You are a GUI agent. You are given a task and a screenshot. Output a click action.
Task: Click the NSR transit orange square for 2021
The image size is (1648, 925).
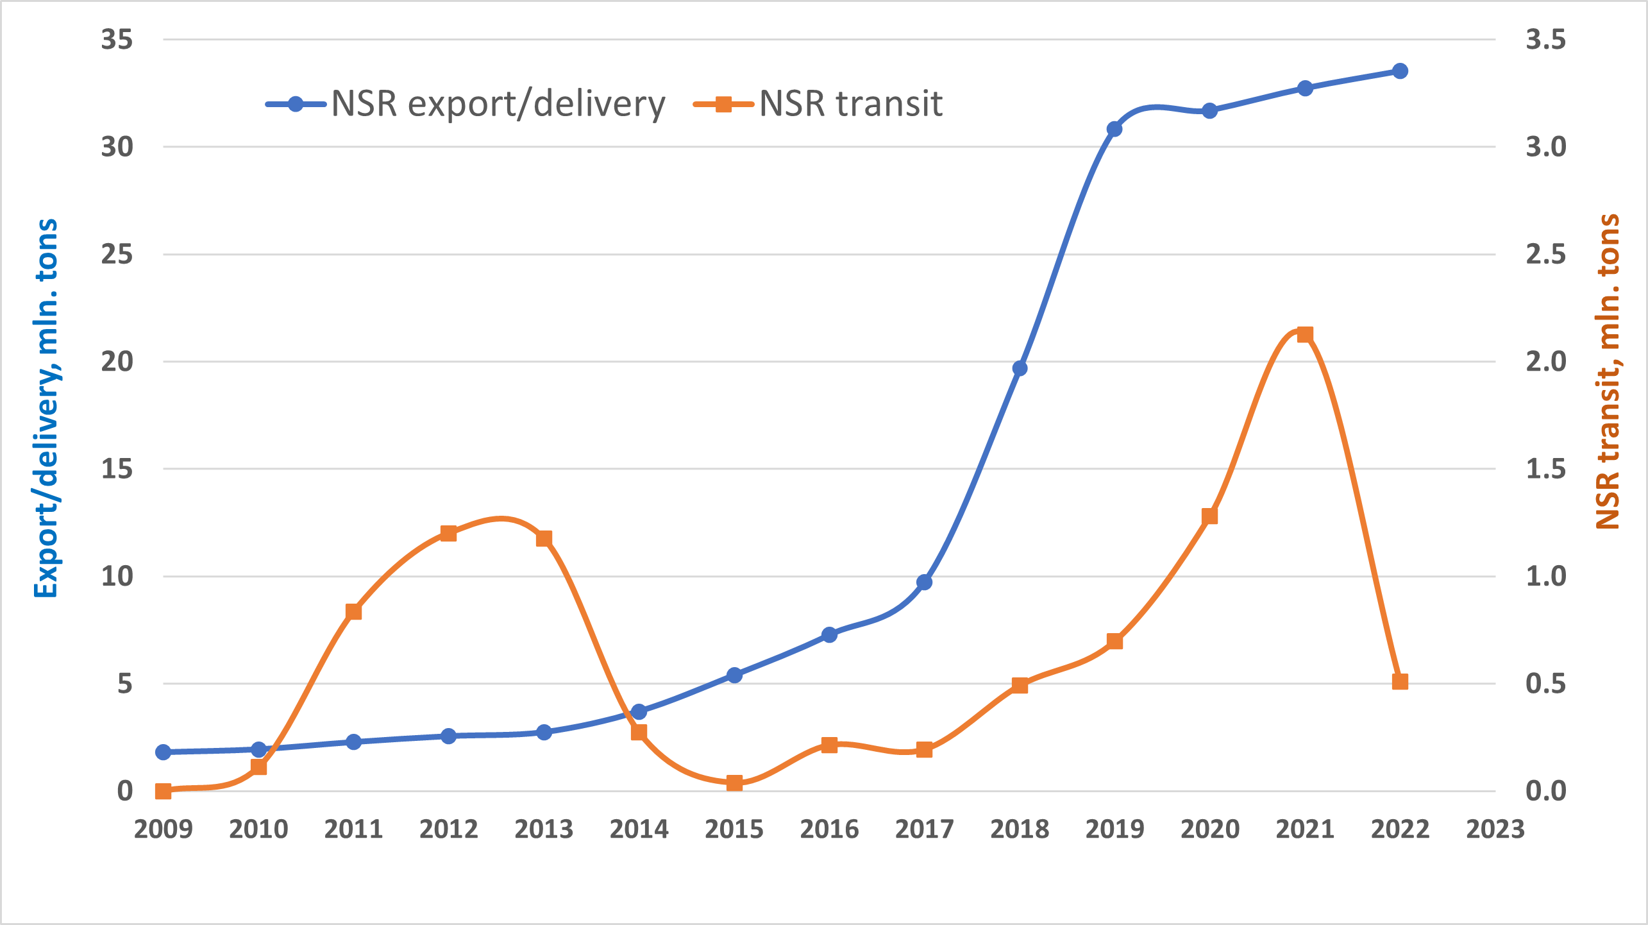coord(1305,335)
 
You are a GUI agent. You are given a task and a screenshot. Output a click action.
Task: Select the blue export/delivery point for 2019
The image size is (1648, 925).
coord(1114,129)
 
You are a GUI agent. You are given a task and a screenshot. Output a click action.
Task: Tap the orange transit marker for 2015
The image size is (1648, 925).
coord(734,783)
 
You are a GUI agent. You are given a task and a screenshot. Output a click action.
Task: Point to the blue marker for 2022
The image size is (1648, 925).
coord(1400,71)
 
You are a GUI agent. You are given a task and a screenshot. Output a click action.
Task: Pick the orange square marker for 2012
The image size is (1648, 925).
coord(448,534)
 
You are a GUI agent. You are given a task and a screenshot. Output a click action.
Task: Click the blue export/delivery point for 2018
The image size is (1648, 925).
coord(1020,368)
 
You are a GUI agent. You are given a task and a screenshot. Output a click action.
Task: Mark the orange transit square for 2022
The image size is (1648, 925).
coord(1400,681)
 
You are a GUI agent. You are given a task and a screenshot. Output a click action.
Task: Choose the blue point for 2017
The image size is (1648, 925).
coord(924,582)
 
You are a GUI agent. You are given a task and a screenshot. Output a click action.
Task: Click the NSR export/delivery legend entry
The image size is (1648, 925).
coord(466,104)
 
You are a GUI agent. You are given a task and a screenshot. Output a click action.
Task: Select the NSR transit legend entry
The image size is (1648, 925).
coord(818,104)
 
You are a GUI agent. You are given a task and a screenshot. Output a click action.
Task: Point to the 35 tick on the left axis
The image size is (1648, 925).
coord(117,40)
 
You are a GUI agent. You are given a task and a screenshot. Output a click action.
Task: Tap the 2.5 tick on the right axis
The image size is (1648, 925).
coord(1545,255)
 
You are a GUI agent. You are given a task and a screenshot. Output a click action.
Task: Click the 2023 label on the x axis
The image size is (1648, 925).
coord(1495,829)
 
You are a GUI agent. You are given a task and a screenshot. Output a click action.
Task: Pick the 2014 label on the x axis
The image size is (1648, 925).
coord(639,829)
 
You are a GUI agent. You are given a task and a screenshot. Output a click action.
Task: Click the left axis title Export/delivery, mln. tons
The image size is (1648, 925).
coord(47,408)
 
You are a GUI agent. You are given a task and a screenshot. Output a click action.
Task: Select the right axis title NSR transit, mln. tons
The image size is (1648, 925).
coord(1608,372)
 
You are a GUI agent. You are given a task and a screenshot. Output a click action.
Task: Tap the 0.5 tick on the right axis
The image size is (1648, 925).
coord(1545,684)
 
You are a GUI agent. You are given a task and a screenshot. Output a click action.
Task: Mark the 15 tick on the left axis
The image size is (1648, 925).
coord(117,469)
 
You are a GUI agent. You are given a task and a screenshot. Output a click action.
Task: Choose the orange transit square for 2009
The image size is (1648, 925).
coord(164,791)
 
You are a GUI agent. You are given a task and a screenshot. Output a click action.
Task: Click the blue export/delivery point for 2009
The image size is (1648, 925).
coord(164,752)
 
